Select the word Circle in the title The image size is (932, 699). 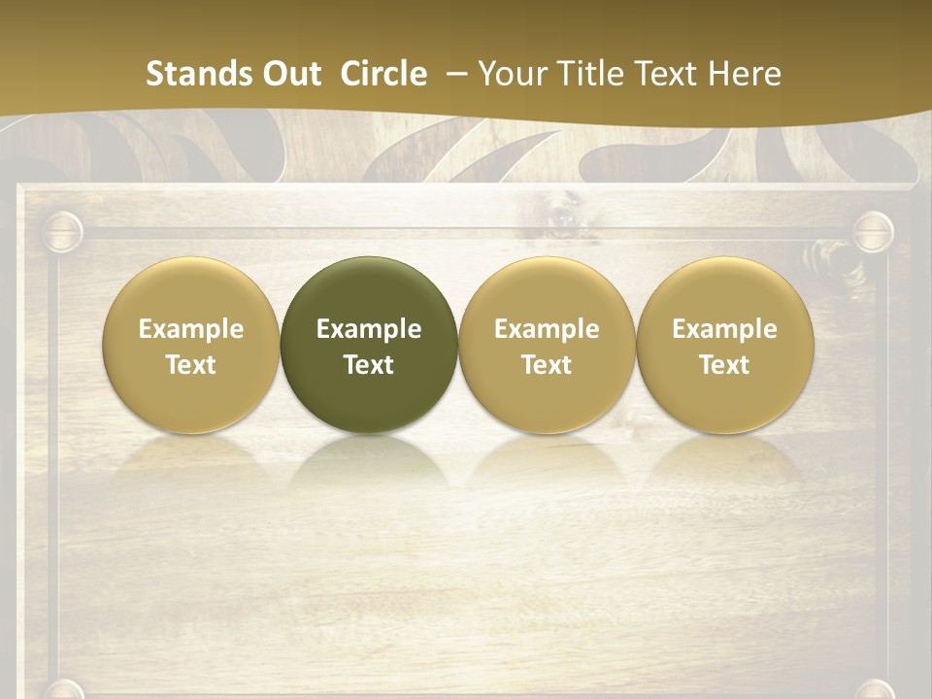(x=383, y=74)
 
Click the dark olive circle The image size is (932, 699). (x=369, y=291)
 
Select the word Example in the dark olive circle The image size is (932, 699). (x=369, y=329)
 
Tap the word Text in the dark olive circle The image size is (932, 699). (x=369, y=365)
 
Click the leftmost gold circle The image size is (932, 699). (x=191, y=291)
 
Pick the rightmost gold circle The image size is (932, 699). (x=725, y=291)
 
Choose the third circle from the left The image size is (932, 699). (x=547, y=291)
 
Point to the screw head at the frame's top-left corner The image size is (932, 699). (x=63, y=232)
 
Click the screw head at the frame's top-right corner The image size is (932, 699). (x=873, y=232)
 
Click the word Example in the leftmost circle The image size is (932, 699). (x=191, y=329)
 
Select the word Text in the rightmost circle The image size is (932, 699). (x=725, y=365)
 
